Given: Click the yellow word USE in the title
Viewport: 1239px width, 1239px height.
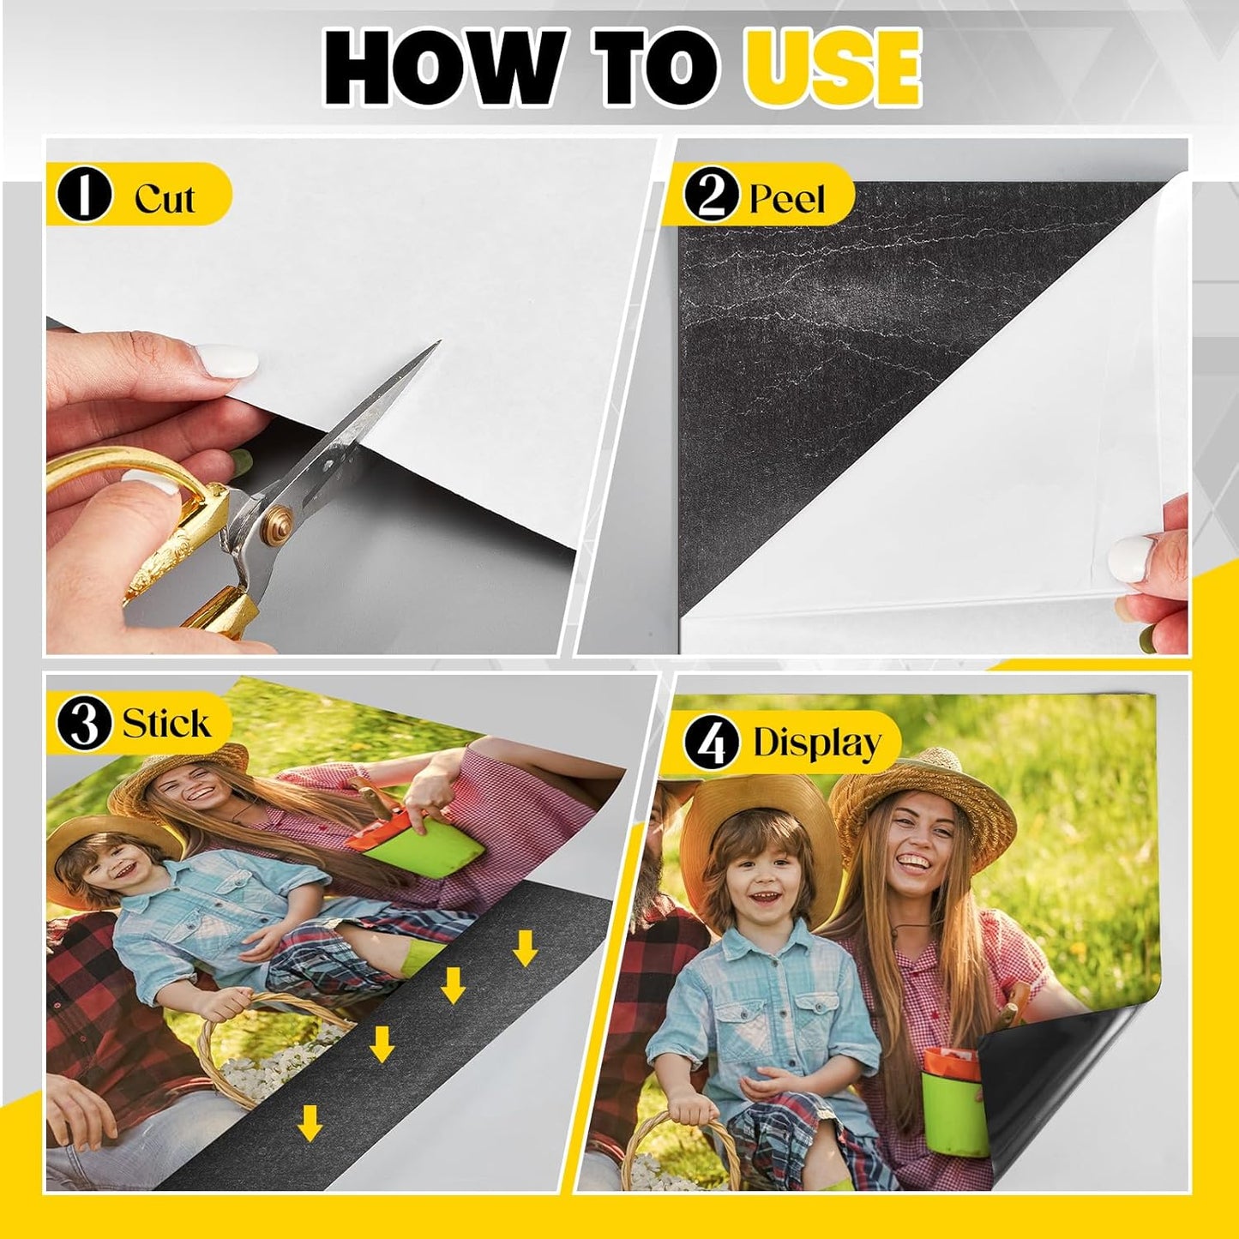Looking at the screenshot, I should tap(832, 67).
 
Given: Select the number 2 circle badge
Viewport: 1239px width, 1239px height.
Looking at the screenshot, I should tap(711, 195).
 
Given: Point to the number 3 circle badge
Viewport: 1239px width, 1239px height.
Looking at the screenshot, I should tap(84, 723).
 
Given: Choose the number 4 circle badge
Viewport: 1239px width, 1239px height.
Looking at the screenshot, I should tap(711, 743).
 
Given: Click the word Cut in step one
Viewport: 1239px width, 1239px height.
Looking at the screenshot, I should tap(165, 198).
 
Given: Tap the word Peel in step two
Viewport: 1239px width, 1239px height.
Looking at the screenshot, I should tap(786, 199).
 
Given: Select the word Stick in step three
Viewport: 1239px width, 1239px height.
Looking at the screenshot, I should tap(165, 723).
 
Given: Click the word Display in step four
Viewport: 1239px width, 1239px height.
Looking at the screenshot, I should tap(816, 743).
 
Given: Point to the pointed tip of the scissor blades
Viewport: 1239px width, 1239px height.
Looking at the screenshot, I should tap(436, 344).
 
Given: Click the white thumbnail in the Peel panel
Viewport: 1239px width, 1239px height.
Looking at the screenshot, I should tap(1129, 559).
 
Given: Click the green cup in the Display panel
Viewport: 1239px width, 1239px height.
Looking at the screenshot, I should tap(953, 1106).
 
